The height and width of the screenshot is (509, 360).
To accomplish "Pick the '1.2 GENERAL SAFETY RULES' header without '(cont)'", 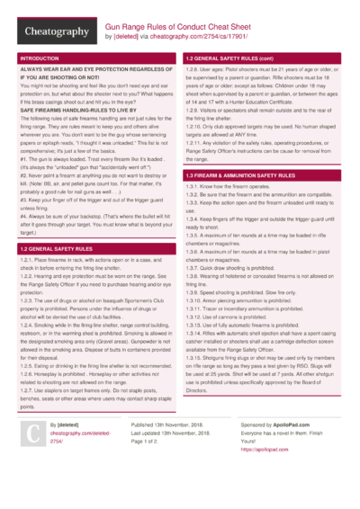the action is click(x=57, y=247).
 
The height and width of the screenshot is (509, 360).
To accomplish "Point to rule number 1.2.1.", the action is click(x=28, y=259).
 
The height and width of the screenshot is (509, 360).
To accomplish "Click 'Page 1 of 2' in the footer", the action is click(x=150, y=469).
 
